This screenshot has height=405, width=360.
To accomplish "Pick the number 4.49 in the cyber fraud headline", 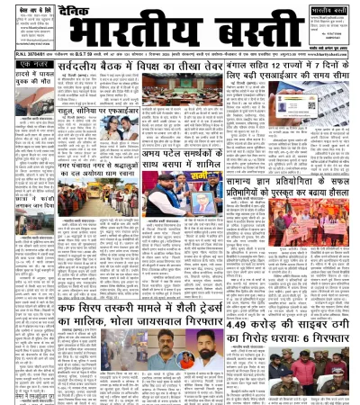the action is point(233,318).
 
